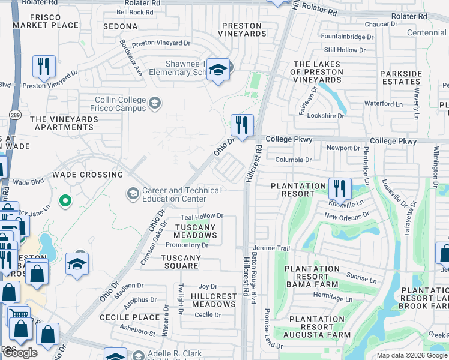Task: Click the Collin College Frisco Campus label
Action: tap(119, 104)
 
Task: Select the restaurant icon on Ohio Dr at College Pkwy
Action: tap(242, 126)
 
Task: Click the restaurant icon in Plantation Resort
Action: tap(340, 189)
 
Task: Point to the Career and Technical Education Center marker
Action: tap(132, 193)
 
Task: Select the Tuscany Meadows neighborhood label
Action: tap(195, 232)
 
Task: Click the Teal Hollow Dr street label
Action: tap(202, 216)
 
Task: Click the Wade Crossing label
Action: tap(87, 175)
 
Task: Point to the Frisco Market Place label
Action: tap(46, 21)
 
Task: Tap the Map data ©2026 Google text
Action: tap(412, 355)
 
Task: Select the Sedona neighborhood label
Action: tap(120, 27)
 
